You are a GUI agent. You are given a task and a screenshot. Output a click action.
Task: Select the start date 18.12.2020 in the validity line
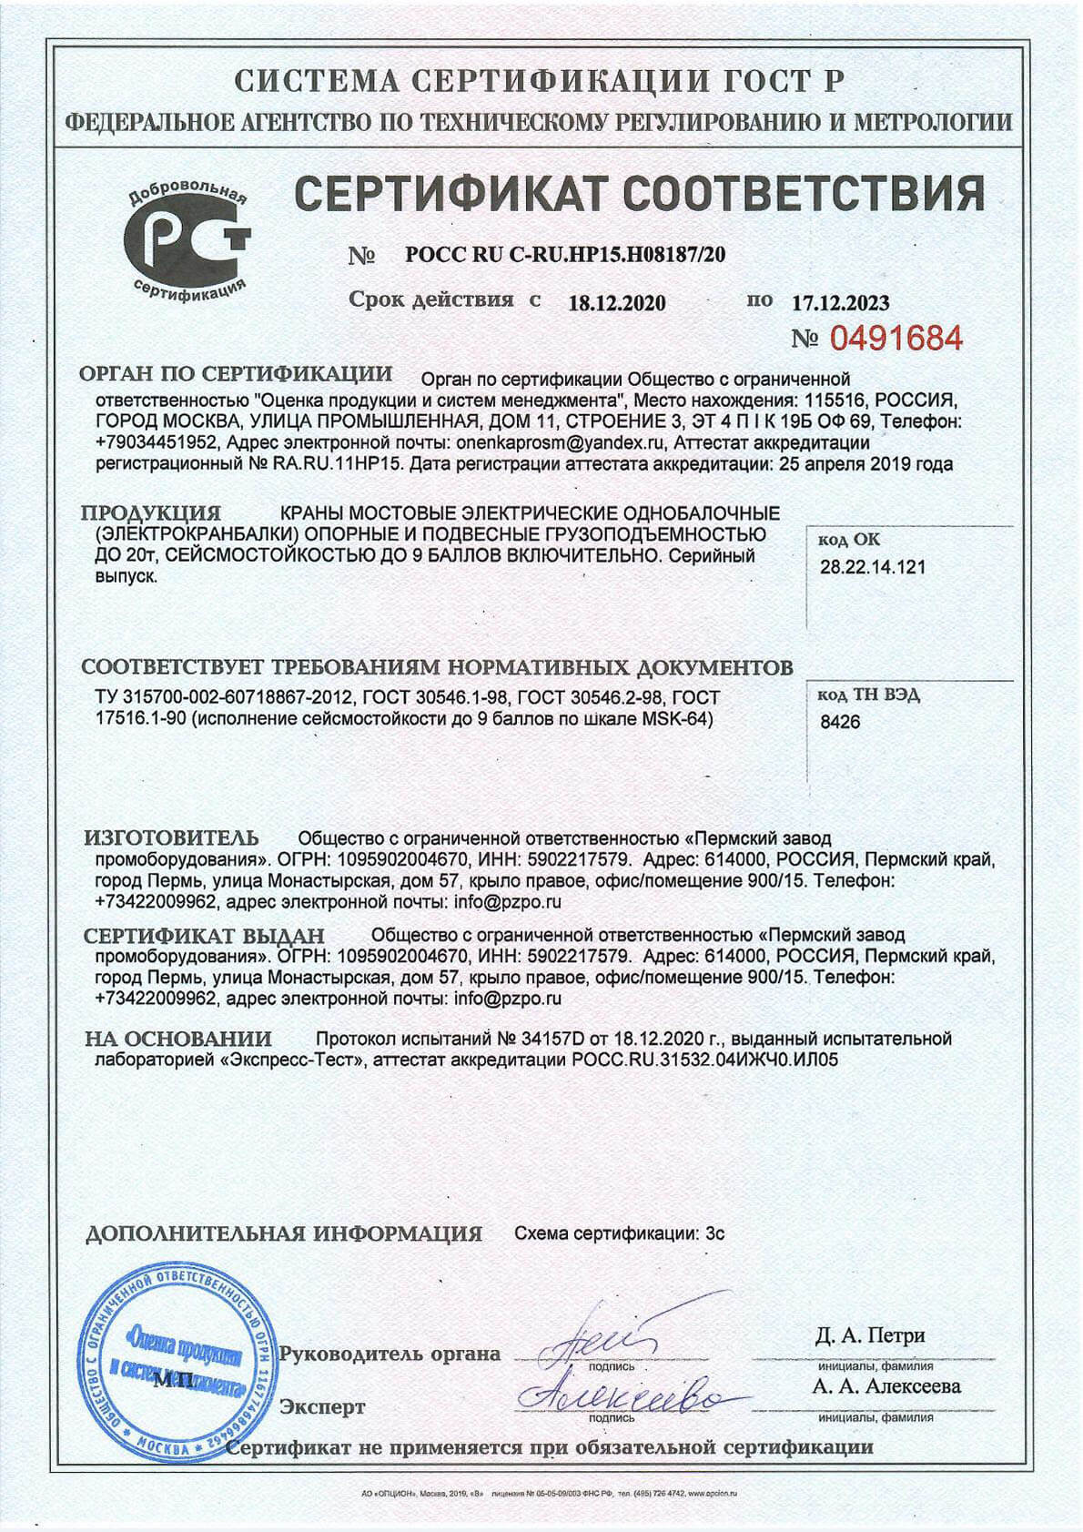click(x=616, y=303)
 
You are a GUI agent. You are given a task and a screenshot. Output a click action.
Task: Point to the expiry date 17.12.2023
click(x=840, y=303)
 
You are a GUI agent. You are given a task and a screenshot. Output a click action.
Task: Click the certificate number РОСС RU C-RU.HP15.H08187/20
click(x=565, y=255)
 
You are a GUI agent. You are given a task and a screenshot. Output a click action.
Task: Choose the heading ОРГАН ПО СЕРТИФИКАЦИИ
click(x=236, y=374)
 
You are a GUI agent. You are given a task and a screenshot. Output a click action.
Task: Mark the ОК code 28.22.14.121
click(x=873, y=567)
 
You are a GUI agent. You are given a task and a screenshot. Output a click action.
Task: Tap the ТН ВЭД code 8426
click(x=840, y=723)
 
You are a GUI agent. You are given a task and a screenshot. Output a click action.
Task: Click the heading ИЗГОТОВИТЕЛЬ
click(x=171, y=837)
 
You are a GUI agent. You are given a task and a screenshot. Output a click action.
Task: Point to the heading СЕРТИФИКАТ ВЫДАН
click(x=204, y=935)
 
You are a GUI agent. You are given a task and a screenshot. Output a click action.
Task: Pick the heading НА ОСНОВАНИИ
click(x=178, y=1039)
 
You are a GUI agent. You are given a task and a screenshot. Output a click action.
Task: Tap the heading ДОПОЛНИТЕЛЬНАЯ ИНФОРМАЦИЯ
click(x=283, y=1234)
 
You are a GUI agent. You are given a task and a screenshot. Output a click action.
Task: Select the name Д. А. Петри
click(x=869, y=1335)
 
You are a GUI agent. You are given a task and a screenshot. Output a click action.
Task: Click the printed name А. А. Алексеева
click(x=886, y=1386)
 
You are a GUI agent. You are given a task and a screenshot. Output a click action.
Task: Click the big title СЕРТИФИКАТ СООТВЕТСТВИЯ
click(x=641, y=193)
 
